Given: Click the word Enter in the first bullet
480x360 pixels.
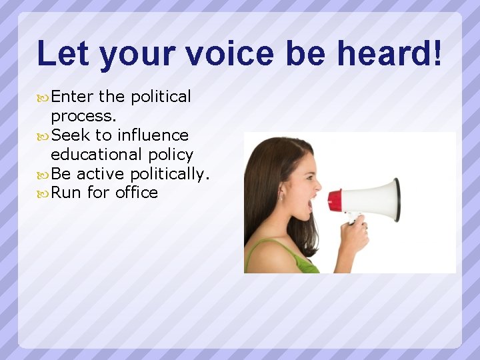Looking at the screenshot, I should [72, 97].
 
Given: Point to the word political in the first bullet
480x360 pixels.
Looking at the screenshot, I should [161, 97].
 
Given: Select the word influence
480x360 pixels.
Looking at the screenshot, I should [153, 135].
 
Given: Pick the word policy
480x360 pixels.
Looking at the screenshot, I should [171, 155].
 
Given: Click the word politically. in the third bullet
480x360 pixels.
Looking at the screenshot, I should [170, 174].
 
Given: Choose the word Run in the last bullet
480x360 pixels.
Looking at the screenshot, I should [67, 193].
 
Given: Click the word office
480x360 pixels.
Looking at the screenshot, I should [137, 193].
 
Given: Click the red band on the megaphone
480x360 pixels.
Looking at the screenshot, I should [335, 201].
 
